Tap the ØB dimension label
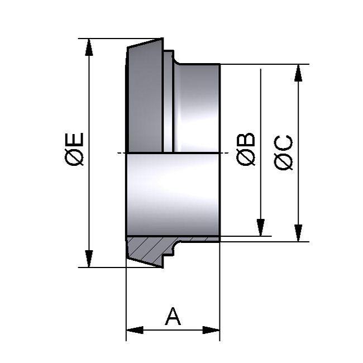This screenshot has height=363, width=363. [246, 150]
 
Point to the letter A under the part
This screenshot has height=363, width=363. [173, 317]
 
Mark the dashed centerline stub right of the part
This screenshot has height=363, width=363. [225, 153]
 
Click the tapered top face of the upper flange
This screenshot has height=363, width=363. [144, 44]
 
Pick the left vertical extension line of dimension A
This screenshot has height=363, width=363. [126, 302]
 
